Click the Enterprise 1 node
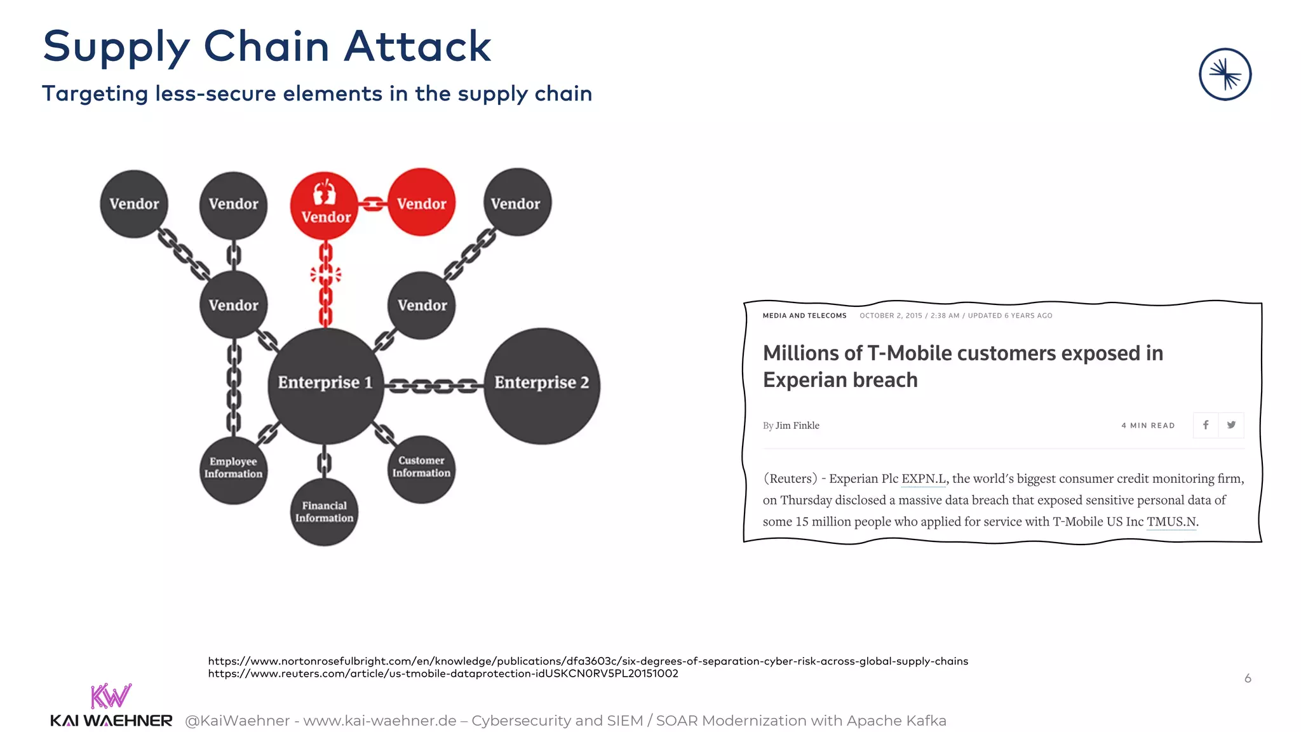click(325, 385)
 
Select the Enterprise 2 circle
click(541, 385)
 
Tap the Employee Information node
click(233, 470)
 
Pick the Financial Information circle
click(324, 512)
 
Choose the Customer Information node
click(421, 469)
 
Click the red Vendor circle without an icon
click(421, 203)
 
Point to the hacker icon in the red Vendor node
click(325, 191)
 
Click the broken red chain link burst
click(325, 274)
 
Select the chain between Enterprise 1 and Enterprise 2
click(433, 385)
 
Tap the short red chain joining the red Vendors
click(373, 204)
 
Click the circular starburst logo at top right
click(1225, 74)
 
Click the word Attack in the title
click(417, 46)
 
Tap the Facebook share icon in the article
click(1205, 425)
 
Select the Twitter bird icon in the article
click(1231, 425)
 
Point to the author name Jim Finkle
click(797, 426)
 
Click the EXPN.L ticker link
click(923, 478)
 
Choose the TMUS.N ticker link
click(1171, 522)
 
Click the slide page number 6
click(1248, 678)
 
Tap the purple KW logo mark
click(111, 696)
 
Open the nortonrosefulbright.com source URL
click(588, 661)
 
